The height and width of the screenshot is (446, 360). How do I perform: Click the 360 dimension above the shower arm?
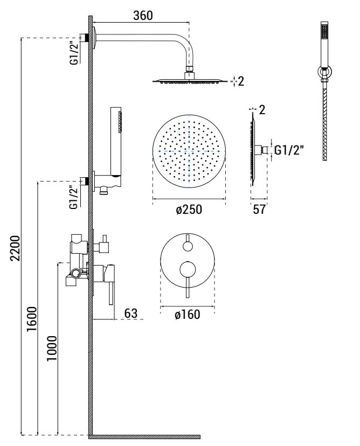tap(143, 16)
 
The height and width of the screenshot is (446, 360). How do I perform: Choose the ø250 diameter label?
tap(189, 210)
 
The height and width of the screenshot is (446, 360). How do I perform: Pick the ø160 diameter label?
tap(188, 315)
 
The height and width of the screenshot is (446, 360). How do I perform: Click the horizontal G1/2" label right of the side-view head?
tap(290, 150)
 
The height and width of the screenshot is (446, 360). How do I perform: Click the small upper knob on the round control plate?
tap(188, 246)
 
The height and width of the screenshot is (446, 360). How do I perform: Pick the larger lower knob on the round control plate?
tap(188, 269)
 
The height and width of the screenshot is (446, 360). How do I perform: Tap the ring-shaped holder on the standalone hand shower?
tap(324, 71)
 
